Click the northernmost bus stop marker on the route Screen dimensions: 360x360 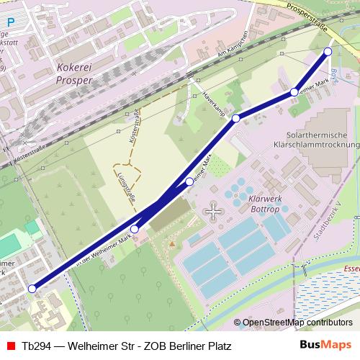[x=328, y=51]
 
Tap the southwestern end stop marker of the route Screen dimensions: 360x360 [x=32, y=289]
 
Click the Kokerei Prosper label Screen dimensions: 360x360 [x=74, y=75]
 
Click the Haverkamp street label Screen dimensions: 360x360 [x=214, y=104]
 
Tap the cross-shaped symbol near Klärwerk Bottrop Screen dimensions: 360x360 [x=214, y=211]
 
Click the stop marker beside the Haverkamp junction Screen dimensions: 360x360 [x=235, y=118]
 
